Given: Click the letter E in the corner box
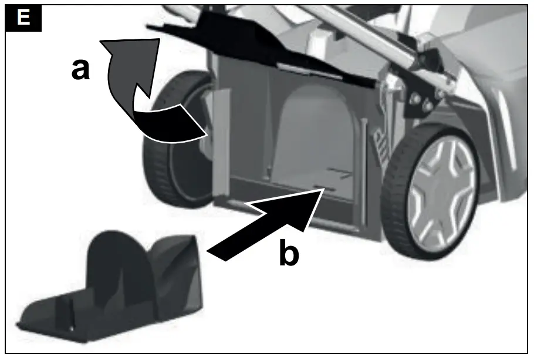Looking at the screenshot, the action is (x=23, y=17).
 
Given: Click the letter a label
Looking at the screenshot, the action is (x=80, y=69).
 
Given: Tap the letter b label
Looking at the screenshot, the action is (x=288, y=254).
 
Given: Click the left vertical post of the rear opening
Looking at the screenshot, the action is (x=221, y=141).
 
